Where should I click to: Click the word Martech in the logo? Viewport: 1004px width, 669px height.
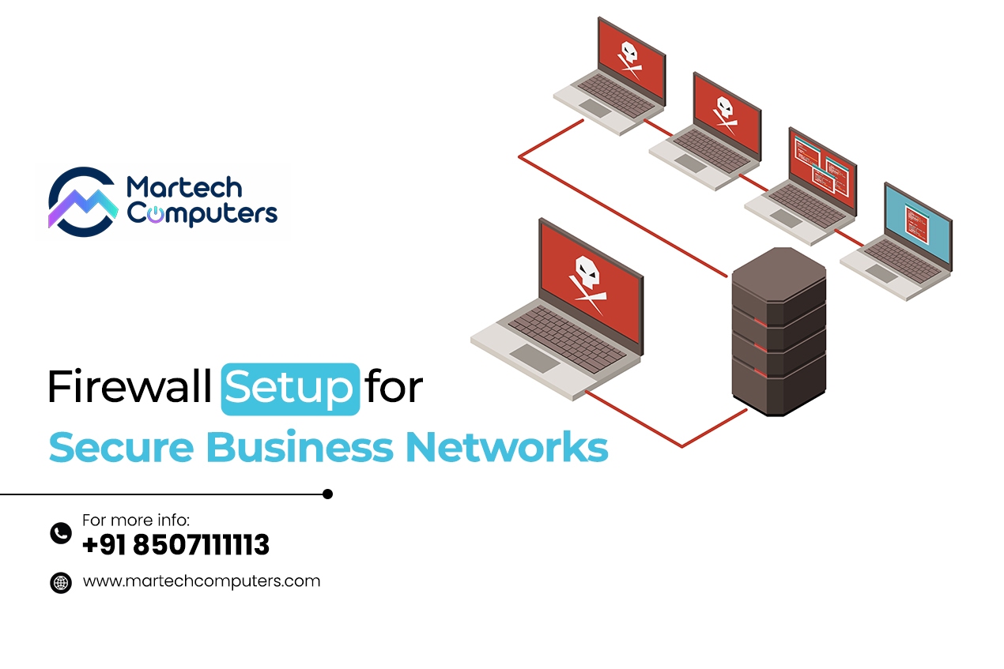coord(184,188)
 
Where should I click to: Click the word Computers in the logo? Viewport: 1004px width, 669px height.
coord(202,213)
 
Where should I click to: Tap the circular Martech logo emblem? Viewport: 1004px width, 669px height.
coord(83,202)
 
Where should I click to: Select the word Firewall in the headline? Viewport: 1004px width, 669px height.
coord(130,386)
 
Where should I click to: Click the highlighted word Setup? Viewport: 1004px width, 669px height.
coord(290,389)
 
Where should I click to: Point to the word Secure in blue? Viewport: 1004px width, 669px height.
coord(122,447)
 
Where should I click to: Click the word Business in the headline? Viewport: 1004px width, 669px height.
coord(300,446)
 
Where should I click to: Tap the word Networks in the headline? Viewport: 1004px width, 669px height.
coord(507,446)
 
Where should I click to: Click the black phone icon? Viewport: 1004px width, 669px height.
coord(61,533)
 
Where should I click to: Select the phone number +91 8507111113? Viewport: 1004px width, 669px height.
coord(176,545)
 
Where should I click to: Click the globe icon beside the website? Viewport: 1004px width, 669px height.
coord(61,583)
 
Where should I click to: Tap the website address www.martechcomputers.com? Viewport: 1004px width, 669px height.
coord(202,581)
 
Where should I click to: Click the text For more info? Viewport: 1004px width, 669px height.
coord(136,520)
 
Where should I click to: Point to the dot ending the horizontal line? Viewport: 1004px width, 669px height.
coord(327,494)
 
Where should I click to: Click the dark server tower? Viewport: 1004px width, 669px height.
coord(779,332)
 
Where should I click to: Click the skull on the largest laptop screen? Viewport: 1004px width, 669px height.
coord(587,285)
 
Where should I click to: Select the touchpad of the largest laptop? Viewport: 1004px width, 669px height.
coord(534,359)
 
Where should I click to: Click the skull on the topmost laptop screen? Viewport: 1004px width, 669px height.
coord(629,59)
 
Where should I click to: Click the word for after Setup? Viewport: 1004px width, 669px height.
coord(394,385)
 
